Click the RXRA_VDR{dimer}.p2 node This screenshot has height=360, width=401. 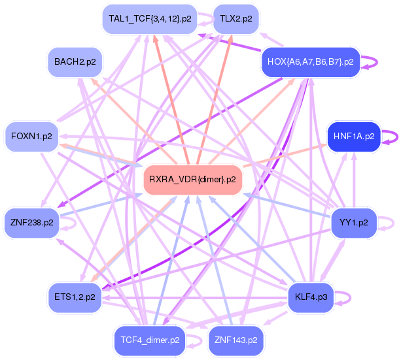point(193,180)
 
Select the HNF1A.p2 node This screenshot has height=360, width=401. point(354,137)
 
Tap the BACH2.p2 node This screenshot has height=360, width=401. point(75,62)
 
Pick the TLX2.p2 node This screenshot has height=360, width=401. point(236,19)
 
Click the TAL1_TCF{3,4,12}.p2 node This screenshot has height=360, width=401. point(150,19)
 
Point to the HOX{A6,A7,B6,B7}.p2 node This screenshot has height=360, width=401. point(311,62)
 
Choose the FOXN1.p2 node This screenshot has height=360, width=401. point(31,137)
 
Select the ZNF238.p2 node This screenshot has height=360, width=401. point(31,223)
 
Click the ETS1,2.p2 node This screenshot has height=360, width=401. point(75,297)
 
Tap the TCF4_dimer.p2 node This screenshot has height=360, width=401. point(150,340)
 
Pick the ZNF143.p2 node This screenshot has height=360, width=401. point(236,340)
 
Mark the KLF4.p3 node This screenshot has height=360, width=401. point(311,297)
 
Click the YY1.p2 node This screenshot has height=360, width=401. point(354,223)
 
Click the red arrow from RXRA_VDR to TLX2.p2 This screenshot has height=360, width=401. point(215,100)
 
